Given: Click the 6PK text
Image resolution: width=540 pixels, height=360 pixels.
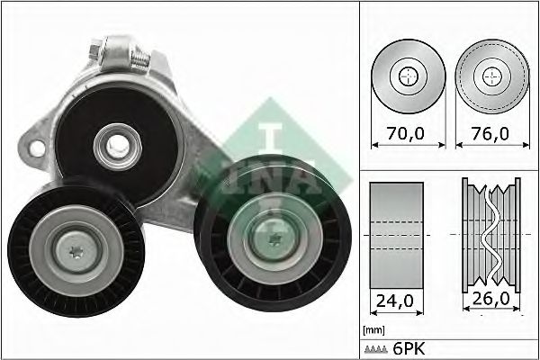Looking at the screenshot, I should [x=407, y=346].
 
